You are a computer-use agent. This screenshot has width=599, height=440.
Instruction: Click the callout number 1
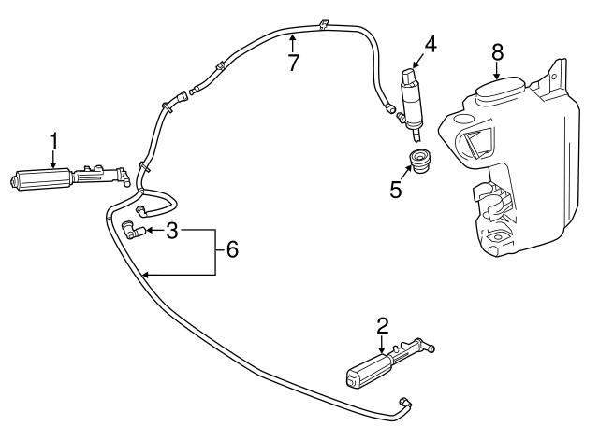54,141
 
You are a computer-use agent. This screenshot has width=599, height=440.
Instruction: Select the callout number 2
382,326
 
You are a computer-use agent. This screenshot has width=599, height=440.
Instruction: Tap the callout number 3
171,229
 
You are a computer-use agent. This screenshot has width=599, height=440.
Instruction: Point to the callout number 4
430,43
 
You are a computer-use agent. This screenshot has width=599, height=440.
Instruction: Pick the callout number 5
395,190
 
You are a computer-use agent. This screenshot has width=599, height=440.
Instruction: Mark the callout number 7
293,62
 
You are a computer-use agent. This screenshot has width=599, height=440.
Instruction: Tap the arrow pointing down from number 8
497,73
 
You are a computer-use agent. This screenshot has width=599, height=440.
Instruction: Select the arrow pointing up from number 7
293,41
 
